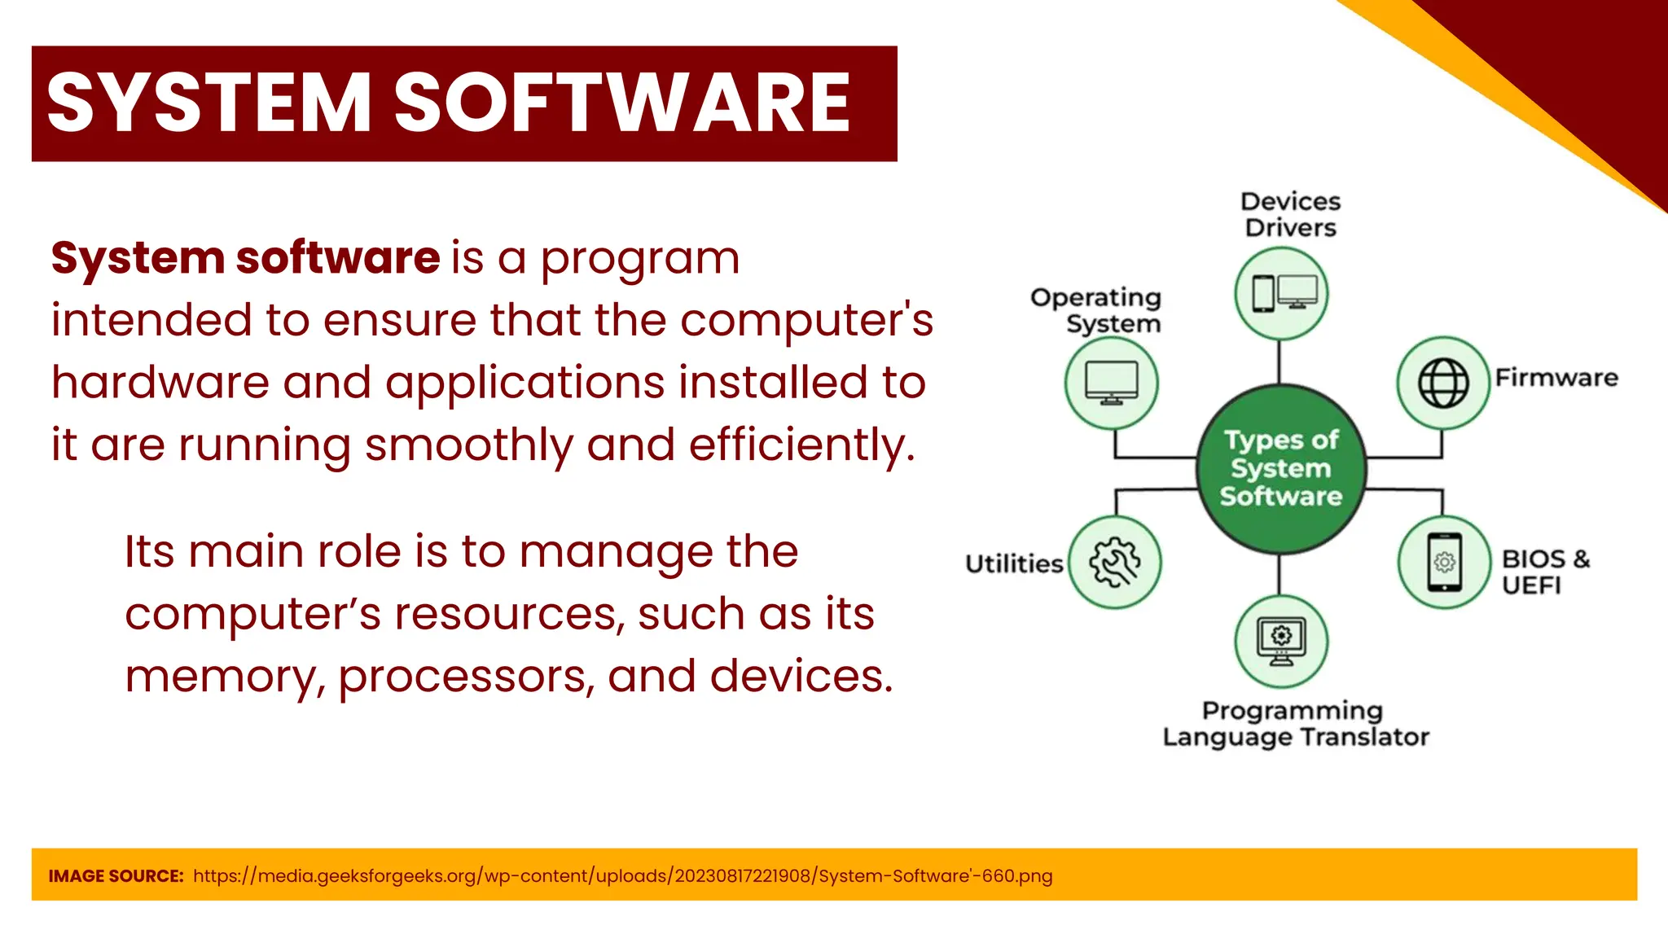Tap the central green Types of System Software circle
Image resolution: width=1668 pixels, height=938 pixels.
(x=1280, y=469)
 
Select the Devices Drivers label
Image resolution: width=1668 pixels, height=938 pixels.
(x=1290, y=215)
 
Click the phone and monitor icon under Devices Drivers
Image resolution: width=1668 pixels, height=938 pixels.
(x=1281, y=293)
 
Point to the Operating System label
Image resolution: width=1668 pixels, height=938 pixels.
(x=1096, y=310)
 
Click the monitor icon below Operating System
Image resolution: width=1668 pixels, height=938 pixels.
(x=1112, y=383)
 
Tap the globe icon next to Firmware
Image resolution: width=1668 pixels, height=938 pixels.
(x=1443, y=383)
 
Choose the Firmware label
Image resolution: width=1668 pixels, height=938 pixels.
(x=1556, y=378)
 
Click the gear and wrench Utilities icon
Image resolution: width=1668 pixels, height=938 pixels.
(x=1114, y=562)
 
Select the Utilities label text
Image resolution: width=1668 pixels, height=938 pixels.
(x=1014, y=563)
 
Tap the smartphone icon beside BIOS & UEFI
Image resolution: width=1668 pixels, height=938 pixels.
(x=1444, y=562)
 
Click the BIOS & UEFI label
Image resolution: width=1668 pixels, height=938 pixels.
(x=1544, y=572)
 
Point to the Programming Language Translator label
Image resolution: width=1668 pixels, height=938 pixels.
(x=1295, y=724)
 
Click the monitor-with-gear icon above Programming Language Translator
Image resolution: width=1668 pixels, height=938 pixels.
(x=1281, y=642)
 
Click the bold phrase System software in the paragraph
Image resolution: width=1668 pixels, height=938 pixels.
(x=245, y=258)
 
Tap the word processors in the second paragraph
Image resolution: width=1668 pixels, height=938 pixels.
(x=465, y=677)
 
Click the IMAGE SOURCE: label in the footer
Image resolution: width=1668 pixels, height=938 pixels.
(x=116, y=876)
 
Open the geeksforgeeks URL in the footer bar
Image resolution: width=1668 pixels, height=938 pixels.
(x=622, y=876)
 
